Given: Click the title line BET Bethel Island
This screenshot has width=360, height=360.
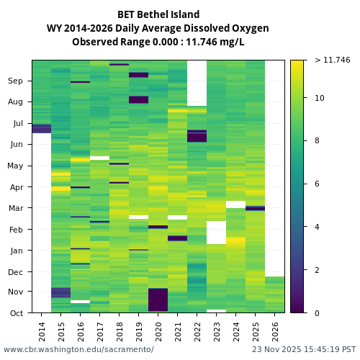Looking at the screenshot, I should tap(158, 14).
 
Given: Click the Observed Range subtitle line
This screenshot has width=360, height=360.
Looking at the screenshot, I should tap(158, 42).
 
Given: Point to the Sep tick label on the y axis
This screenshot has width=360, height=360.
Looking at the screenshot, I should tap(16, 81).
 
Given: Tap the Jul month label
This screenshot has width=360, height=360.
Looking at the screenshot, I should tap(17, 124).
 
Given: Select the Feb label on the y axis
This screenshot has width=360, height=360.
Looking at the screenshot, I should tap(16, 230).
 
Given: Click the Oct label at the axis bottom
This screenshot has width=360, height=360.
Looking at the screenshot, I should tap(17, 313).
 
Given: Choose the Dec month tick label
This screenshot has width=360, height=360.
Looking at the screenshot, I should tap(16, 272).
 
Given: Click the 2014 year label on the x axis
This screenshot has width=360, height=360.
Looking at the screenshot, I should tap(42, 331).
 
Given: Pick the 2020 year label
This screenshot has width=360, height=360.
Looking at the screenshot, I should tap(158, 331).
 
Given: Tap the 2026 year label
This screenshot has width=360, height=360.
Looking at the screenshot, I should tap(275, 331).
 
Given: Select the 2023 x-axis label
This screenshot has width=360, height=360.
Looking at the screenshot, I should tap(217, 331).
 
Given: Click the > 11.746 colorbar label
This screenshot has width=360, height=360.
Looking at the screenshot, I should tap(332, 60).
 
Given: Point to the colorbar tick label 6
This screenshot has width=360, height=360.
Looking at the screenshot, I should tap(317, 184).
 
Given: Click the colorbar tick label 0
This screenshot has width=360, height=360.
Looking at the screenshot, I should tap(317, 313).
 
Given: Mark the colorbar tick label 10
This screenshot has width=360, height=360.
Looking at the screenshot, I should tap(319, 98).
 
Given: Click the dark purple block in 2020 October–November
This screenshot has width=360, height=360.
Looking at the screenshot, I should tap(158, 300).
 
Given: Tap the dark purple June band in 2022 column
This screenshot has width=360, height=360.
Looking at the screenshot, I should tap(197, 136).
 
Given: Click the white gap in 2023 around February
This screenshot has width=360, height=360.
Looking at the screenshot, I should tap(216, 232).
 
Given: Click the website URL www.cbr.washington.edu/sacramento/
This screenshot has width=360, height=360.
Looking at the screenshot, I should tap(78, 350).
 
